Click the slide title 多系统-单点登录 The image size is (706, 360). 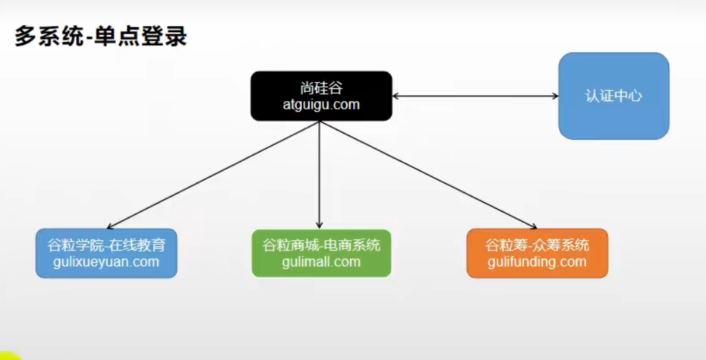click(101, 36)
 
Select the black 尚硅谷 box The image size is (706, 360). click(321, 96)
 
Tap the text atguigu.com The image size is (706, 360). click(321, 105)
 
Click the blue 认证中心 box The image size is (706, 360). click(614, 96)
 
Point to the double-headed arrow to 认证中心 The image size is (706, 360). click(475, 96)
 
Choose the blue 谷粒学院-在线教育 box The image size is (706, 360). click(106, 253)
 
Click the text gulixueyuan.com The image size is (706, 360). click(106, 262)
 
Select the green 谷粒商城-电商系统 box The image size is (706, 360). click(321, 253)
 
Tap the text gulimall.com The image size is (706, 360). click(321, 262)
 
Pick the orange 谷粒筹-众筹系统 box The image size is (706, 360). click(537, 253)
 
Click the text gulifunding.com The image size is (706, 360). click(537, 262)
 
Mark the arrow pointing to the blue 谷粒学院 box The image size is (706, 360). click(212, 175)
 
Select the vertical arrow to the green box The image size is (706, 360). click(319, 175)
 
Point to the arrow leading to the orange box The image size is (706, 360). click(428, 175)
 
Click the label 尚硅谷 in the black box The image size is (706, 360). click(321, 88)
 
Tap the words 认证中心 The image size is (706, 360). click(614, 96)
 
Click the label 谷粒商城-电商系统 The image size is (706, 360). click(321, 245)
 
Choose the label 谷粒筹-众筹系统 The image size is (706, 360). click(537, 245)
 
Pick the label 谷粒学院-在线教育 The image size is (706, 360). click(106, 245)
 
